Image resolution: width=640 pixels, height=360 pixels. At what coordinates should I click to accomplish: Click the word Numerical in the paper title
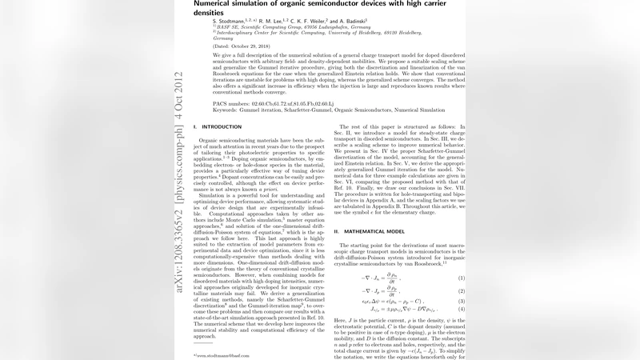pyautogui.click(x=216, y=3)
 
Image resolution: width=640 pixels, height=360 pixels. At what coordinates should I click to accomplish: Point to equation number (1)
pyautogui.click(x=462, y=278)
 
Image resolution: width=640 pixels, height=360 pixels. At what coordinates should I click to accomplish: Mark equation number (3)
pyautogui.click(x=462, y=302)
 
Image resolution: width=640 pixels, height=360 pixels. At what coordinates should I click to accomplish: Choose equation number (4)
pyautogui.click(x=462, y=310)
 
